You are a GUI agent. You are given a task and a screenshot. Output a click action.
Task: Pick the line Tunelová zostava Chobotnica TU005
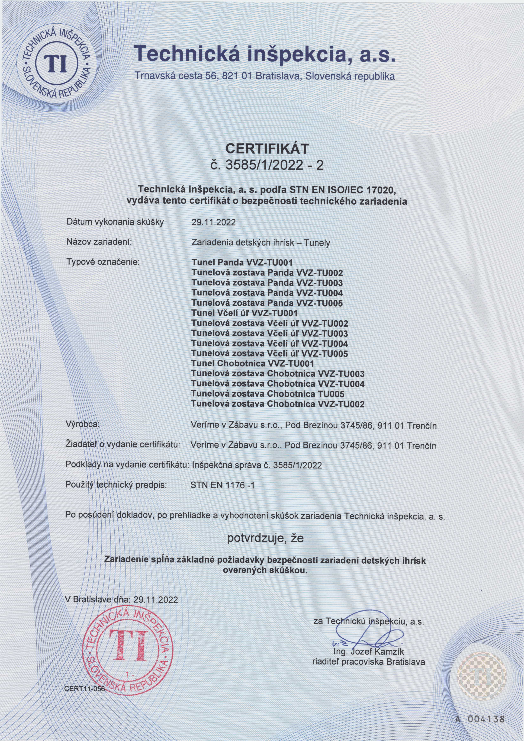pyautogui.click(x=268, y=394)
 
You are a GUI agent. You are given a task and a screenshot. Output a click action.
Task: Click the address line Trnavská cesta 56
pyautogui.click(x=265, y=77)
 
